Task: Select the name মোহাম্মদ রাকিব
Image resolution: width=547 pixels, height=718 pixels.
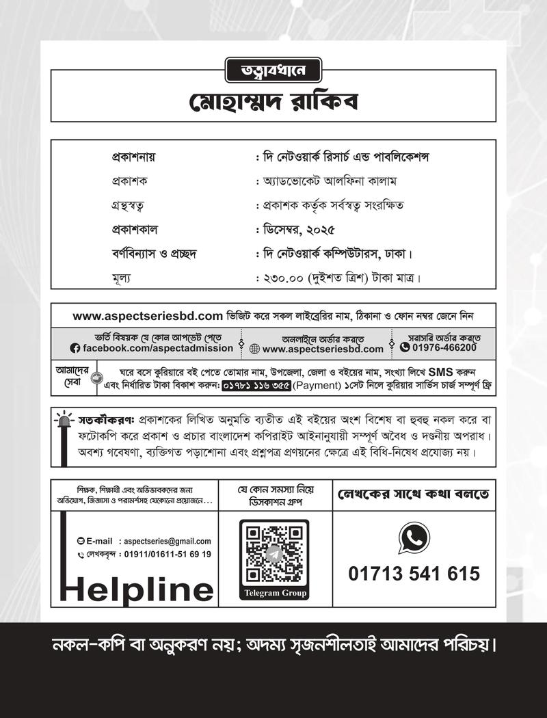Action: (273, 103)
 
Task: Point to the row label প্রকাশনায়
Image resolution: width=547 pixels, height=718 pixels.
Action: (134, 157)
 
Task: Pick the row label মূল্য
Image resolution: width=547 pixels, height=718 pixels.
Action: (121, 278)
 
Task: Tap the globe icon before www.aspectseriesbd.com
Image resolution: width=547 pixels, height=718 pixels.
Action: (254, 349)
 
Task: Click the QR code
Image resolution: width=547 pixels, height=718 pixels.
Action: (274, 553)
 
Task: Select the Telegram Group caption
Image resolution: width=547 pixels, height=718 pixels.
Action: (274, 593)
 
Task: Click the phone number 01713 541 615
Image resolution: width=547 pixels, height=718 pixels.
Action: (414, 574)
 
